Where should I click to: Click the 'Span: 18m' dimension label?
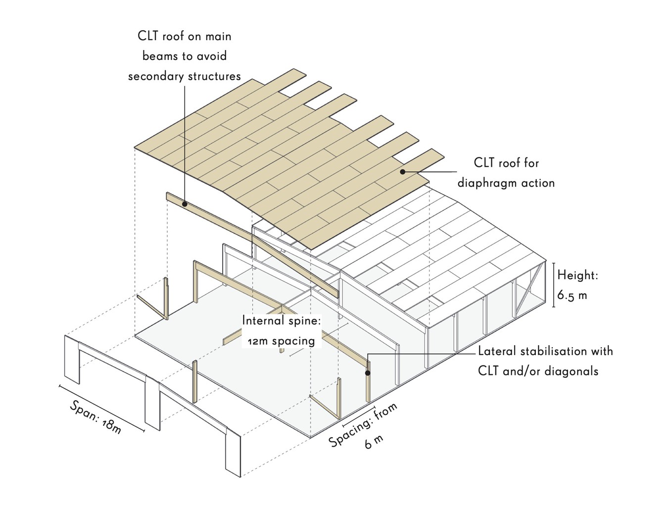(95, 417)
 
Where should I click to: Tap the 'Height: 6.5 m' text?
(577, 285)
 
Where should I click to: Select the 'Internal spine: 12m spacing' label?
(281, 331)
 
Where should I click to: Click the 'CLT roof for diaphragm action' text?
(506, 173)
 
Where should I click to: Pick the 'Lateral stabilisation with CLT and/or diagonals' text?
(545, 361)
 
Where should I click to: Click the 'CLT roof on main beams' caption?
(185, 56)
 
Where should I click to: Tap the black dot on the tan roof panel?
(403, 172)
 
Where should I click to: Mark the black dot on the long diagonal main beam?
(185, 204)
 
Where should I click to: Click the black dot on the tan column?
(368, 373)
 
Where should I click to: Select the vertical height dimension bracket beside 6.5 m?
(553, 285)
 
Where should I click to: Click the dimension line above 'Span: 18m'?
(101, 408)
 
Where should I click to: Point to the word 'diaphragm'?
(487, 183)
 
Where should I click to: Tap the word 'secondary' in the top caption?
(155, 76)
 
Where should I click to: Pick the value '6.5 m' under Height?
(572, 296)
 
